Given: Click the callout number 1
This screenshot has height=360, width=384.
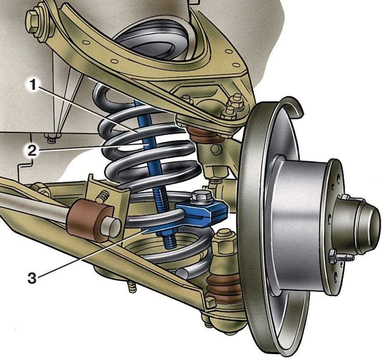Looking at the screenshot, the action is pos(33,85).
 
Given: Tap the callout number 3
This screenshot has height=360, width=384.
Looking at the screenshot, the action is pos(32,278).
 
